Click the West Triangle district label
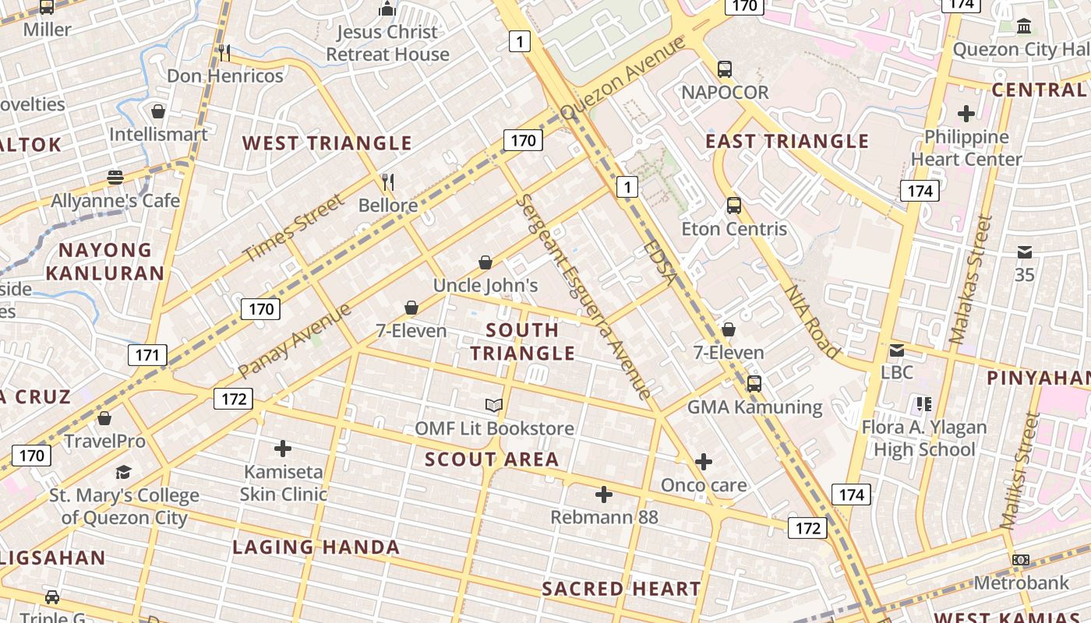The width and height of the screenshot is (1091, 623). (327, 143)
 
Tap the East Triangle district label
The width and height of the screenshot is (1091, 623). (787, 142)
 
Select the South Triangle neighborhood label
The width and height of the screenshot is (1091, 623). (522, 341)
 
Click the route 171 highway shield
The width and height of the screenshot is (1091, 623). (147, 356)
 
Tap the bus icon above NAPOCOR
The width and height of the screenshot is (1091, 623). (725, 69)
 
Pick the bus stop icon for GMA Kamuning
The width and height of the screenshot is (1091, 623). (754, 384)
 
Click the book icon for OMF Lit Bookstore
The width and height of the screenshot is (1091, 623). (494, 405)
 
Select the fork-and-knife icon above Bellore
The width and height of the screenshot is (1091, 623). (388, 182)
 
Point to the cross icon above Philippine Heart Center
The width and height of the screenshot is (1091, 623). (966, 114)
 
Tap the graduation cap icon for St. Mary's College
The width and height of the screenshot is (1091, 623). (123, 472)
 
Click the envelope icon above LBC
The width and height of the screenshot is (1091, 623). (897, 350)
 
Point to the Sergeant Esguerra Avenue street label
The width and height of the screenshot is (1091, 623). (584, 296)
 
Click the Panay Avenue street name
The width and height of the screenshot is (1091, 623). (295, 340)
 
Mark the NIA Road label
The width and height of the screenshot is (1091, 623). (811, 321)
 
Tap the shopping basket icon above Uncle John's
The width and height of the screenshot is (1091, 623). (485, 262)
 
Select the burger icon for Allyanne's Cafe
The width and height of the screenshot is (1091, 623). (115, 178)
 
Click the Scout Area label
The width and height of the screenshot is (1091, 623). (492, 459)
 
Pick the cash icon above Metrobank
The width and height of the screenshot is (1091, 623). (1020, 560)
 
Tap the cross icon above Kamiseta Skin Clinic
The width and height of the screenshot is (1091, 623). (283, 449)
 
